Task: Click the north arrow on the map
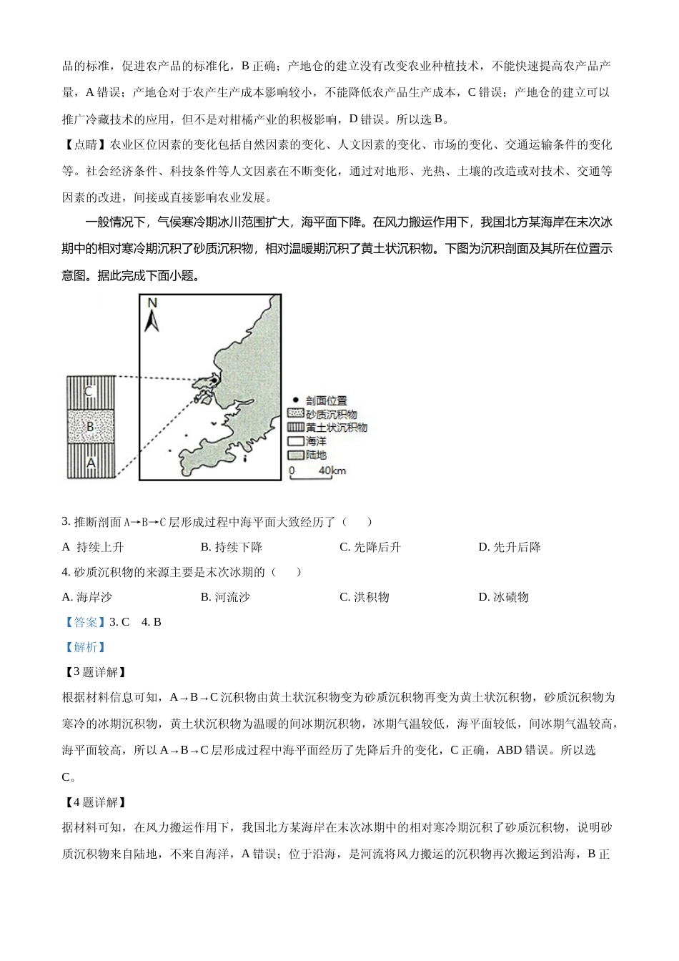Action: pos(152,322)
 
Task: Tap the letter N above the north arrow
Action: pos(152,304)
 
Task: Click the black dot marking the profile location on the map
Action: pos(212,380)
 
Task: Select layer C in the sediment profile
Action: pos(90,392)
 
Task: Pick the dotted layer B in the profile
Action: pos(90,427)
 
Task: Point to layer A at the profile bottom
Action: pos(90,463)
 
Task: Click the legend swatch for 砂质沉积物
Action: pos(295,414)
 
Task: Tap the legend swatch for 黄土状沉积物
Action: pos(295,428)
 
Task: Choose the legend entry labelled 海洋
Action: pos(315,441)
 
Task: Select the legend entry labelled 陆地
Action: pos(315,455)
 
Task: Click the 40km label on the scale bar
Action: pos(332,470)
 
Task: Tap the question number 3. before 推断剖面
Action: pos(66,522)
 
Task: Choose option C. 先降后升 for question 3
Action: pos(370,547)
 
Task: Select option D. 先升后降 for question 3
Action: pos(509,547)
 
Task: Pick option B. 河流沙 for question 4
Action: pos(225,597)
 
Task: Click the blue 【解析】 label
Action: pos(84,647)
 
